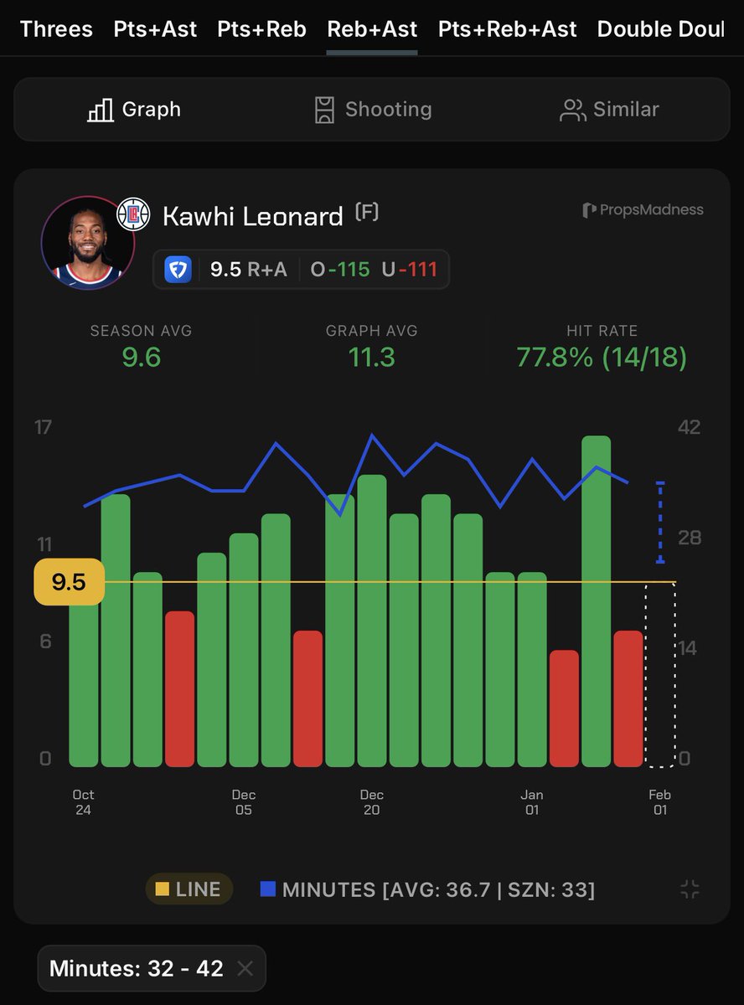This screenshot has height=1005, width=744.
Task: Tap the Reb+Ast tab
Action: click(372, 29)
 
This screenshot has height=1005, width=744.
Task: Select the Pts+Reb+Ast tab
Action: click(507, 29)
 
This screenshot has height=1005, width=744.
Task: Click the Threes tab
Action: click(56, 29)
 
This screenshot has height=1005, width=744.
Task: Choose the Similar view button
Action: click(609, 110)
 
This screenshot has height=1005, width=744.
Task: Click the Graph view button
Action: click(134, 110)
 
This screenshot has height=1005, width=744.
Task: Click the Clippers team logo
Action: click(132, 214)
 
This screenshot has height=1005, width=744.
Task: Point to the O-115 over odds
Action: click(339, 270)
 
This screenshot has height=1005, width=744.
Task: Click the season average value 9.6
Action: click(141, 358)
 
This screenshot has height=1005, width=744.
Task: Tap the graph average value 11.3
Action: click(371, 358)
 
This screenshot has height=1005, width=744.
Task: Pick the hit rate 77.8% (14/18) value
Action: click(602, 358)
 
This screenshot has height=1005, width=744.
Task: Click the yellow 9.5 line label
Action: click(69, 582)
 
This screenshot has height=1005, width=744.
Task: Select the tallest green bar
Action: click(596, 600)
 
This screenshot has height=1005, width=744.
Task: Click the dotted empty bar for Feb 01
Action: click(660, 675)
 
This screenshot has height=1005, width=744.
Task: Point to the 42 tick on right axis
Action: click(689, 427)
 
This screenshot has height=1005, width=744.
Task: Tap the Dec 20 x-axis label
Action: click(371, 801)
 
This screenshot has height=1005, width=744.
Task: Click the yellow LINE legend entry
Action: click(189, 889)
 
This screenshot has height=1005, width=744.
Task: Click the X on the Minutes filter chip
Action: click(245, 969)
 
